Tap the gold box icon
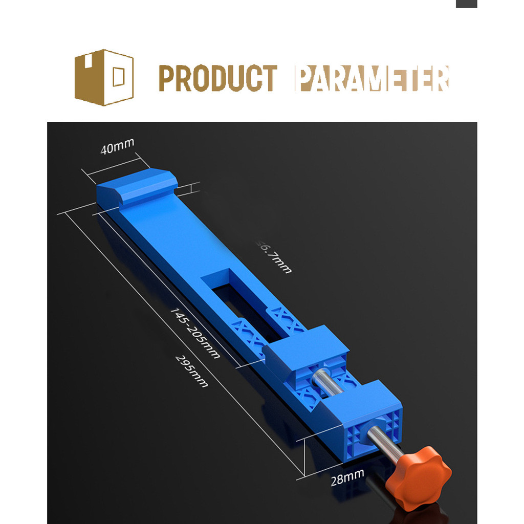click(104, 77)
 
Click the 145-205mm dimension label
click(194, 333)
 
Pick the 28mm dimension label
click(347, 477)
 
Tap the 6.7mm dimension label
click(274, 256)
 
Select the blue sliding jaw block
click(306, 353)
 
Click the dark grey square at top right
click(466, 4)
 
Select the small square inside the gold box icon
click(118, 77)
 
